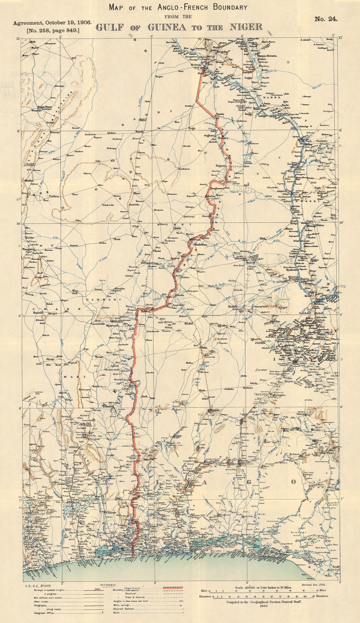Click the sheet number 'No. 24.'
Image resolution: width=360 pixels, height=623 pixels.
(326, 19)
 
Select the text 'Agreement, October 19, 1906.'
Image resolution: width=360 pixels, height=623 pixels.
(53, 23)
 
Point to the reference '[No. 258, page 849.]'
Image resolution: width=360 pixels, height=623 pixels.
(53, 30)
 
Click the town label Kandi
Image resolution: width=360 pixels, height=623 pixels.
(140, 132)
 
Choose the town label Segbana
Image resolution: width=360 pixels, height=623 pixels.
(210, 136)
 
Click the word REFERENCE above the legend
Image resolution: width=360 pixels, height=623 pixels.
(108, 585)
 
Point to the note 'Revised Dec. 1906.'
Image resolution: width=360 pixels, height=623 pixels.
(314, 585)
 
